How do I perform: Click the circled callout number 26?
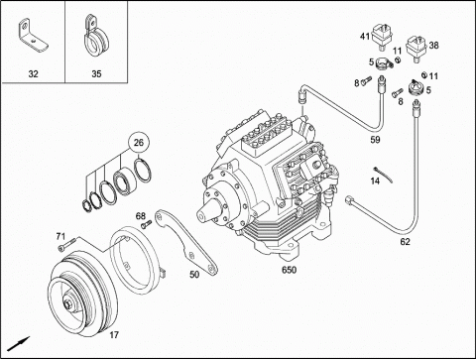click(x=139, y=143)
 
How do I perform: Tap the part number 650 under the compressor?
click(x=289, y=270)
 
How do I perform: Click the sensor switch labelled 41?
click(x=382, y=37)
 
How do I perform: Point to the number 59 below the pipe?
click(x=375, y=140)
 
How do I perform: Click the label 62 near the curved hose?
click(x=405, y=242)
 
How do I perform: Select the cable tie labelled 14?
click(x=383, y=174)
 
